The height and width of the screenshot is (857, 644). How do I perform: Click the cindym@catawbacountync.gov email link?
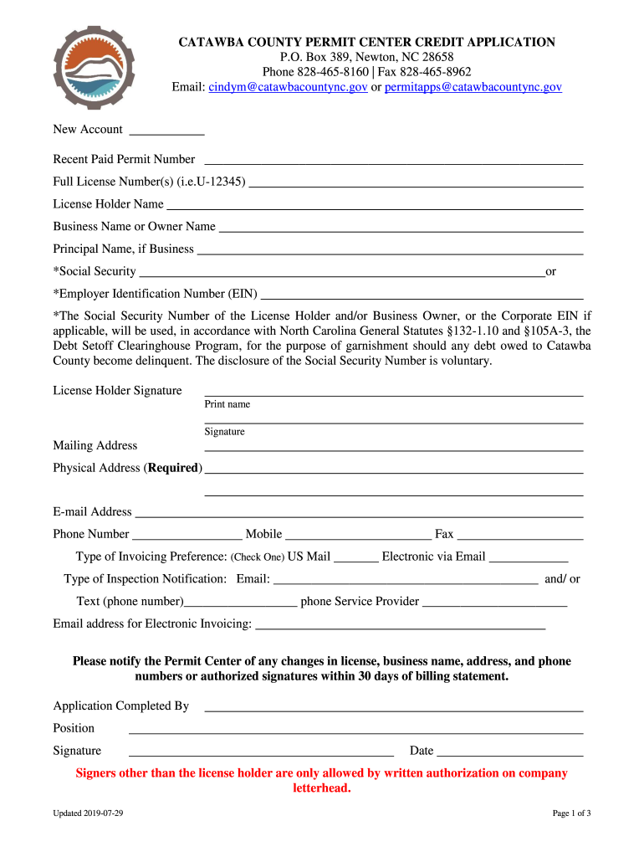click(288, 87)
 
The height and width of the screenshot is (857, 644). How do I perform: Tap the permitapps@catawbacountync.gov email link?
click(473, 87)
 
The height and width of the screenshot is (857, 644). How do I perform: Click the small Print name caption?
click(227, 404)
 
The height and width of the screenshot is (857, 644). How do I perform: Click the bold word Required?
click(175, 468)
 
